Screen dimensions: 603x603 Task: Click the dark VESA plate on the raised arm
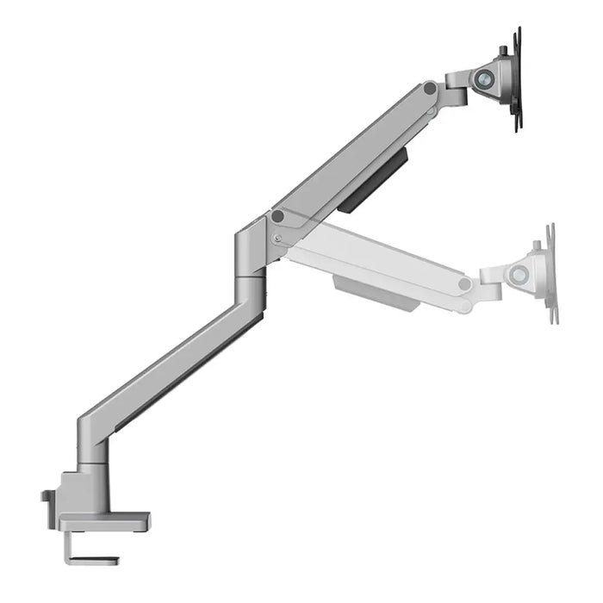(518, 79)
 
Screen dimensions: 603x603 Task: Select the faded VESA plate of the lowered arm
(550, 274)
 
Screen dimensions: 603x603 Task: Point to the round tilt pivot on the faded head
(519, 276)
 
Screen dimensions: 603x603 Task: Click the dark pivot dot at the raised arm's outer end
(429, 88)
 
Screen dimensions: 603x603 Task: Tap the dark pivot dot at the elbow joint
(277, 217)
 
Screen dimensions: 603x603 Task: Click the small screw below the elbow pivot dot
(277, 239)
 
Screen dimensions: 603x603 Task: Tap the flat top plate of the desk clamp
(103, 522)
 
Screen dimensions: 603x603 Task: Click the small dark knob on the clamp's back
(46, 497)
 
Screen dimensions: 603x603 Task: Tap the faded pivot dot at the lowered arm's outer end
(465, 284)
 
